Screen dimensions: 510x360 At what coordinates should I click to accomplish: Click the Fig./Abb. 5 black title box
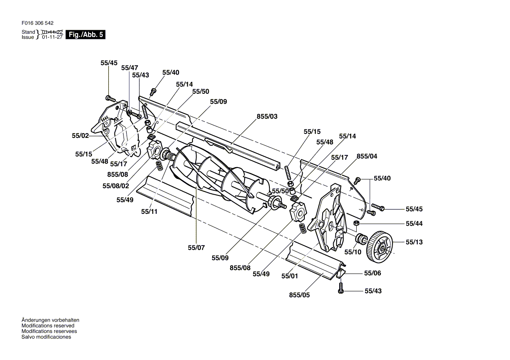coord(86,34)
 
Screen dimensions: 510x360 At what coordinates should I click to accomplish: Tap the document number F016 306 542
coord(38,23)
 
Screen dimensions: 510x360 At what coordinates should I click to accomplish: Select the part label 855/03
coord(267,117)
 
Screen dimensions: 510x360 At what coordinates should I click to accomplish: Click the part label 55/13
coord(414,242)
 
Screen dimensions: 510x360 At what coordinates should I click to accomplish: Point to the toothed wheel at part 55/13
coord(379,247)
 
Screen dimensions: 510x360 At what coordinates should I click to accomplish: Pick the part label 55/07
coord(196,247)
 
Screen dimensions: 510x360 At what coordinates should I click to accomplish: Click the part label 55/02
coord(80,135)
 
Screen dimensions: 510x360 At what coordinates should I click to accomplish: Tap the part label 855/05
coord(299,295)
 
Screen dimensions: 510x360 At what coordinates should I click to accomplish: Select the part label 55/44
coord(414,223)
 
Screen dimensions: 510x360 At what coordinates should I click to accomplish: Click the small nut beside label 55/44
coord(356,223)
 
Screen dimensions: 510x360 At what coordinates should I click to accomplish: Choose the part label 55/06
coord(372,273)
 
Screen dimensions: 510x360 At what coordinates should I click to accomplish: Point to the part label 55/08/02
coord(116,186)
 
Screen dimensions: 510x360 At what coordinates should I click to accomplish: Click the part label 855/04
coord(367,156)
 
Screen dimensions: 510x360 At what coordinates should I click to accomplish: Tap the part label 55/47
coord(129,68)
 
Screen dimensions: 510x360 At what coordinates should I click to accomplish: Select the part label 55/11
coord(149,212)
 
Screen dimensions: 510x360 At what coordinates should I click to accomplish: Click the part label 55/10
coord(352,252)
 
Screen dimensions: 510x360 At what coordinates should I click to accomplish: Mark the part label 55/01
coord(289,276)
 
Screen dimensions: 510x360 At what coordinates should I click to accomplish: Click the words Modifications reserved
coord(48,326)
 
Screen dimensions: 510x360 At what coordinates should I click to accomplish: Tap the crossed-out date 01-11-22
coord(52,32)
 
